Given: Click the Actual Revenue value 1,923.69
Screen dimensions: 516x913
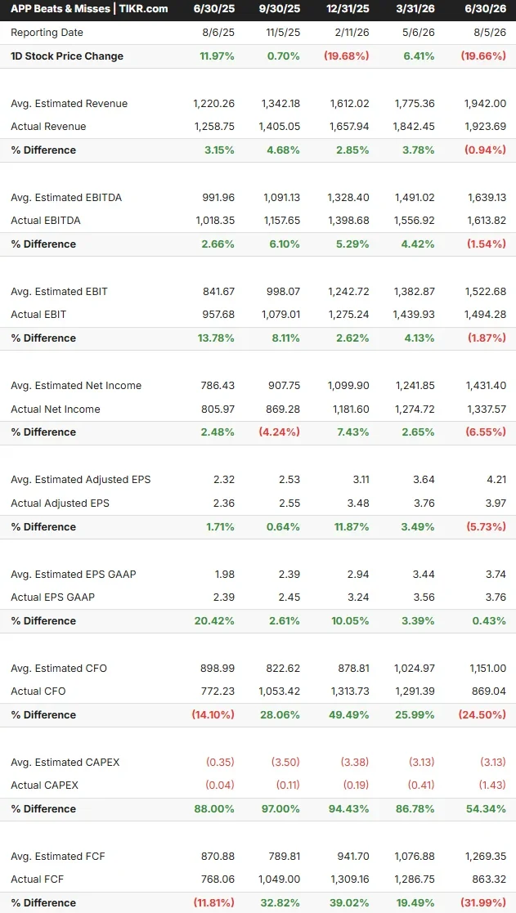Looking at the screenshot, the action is click(485, 127).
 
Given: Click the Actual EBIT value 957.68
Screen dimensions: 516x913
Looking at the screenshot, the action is click(216, 315).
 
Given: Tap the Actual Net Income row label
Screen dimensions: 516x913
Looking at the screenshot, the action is click(56, 410).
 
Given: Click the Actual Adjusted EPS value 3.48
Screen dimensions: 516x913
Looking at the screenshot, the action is click(359, 503).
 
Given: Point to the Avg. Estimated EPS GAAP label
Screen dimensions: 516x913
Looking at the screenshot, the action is click(74, 574).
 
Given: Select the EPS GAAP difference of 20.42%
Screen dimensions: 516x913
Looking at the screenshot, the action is click(216, 620).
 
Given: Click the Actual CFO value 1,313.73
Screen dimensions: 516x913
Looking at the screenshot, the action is click(348, 691).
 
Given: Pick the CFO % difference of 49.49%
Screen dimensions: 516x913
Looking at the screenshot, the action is click(350, 715).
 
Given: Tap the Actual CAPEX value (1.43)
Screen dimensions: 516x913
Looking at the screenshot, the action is click(492, 785).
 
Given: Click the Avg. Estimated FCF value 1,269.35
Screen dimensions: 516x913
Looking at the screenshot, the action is click(486, 856).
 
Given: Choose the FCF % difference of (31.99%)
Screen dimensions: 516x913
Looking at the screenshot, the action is click(485, 903).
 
